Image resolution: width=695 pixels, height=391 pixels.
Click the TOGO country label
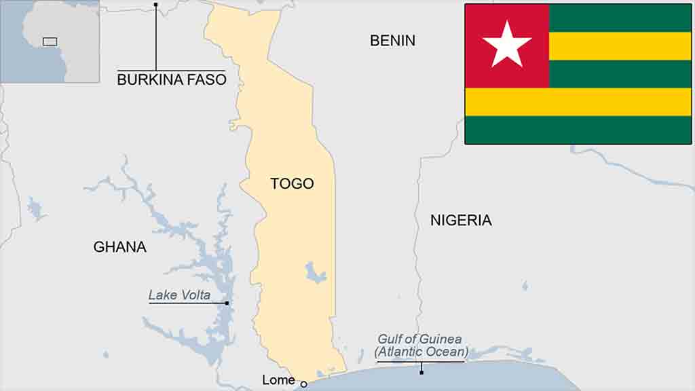292,183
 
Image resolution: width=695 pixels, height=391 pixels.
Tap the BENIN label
392,41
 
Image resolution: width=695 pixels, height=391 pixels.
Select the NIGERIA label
461,220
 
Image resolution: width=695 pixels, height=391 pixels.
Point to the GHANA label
119,247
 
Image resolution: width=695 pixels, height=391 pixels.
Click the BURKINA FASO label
171,80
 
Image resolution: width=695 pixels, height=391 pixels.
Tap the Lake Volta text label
179,295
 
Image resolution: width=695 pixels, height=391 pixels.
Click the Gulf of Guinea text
419,339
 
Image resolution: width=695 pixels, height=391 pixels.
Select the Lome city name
278,380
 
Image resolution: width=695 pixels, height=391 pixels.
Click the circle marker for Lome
303,384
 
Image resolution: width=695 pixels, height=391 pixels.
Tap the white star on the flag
507,44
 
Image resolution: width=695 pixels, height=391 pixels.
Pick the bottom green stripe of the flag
578,130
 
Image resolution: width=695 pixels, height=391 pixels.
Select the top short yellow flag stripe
619,45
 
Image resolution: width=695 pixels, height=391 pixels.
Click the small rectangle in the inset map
50,41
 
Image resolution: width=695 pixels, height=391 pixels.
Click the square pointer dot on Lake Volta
227,303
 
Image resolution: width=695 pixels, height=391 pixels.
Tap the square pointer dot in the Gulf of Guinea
421,372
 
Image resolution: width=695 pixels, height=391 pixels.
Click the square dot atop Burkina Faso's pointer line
155,5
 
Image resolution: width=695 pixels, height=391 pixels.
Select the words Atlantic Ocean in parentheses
421,352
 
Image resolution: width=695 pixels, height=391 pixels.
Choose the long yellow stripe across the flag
578,102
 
